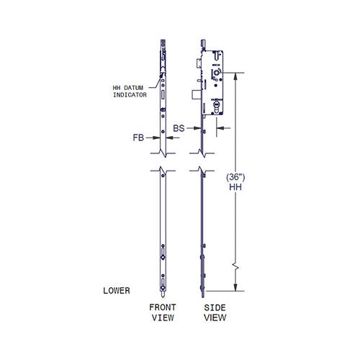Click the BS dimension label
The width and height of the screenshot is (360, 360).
(x=179, y=127)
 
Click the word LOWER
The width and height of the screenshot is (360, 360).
(x=117, y=291)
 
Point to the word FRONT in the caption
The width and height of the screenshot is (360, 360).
(x=162, y=307)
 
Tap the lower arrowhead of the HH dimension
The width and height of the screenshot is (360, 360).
(x=235, y=289)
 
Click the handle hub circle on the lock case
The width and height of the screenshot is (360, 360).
(x=216, y=75)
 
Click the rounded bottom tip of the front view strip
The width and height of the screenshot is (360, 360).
(x=164, y=293)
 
